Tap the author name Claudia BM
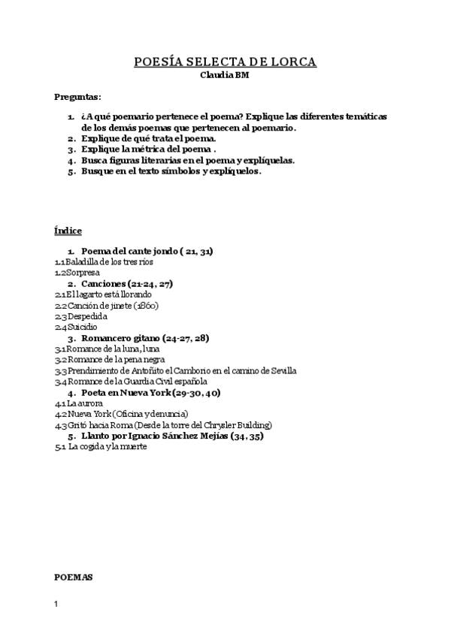(225, 75)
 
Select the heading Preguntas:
(78, 97)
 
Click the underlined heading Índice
(68, 230)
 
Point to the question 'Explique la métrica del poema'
(148, 149)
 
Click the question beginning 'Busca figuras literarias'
(187, 160)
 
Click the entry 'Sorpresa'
(82, 273)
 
